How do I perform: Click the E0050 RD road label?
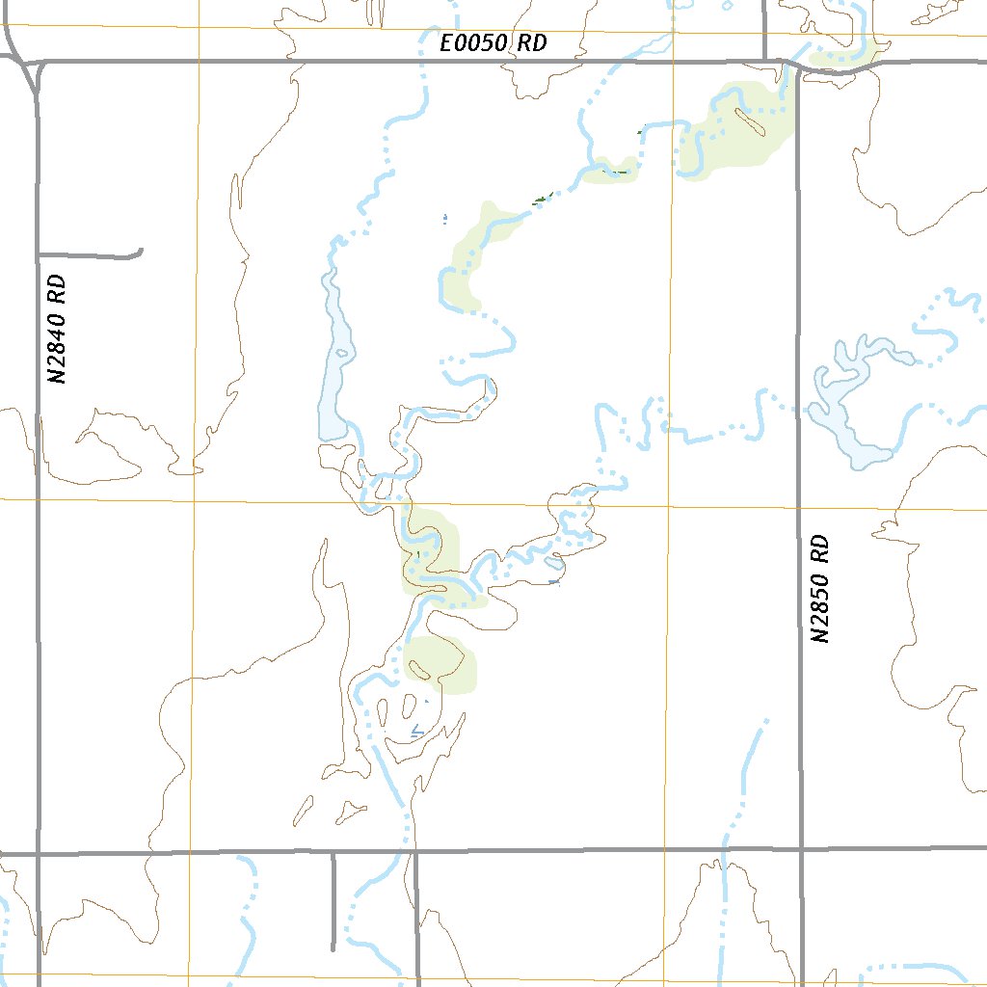pyautogui.click(x=493, y=43)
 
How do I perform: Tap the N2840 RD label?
pyautogui.click(x=59, y=329)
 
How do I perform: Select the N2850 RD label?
pyautogui.click(x=819, y=589)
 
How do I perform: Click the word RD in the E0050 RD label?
pyautogui.click(x=532, y=43)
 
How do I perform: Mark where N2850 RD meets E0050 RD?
pyautogui.click(x=798, y=66)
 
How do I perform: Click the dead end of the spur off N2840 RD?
pyautogui.click(x=141, y=253)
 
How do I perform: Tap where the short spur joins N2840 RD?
pyautogui.click(x=38, y=255)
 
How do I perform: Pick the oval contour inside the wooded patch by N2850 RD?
pyautogui.click(x=749, y=120)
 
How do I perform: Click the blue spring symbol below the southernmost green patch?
pyautogui.click(x=416, y=732)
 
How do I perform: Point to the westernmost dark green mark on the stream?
pyautogui.click(x=541, y=200)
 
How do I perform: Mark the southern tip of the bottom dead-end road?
pyautogui.click(x=333, y=948)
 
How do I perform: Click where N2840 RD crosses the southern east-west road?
pyautogui.click(x=39, y=853)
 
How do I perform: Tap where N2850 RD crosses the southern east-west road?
pyautogui.click(x=801, y=850)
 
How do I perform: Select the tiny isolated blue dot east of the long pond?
pyautogui.click(x=444, y=219)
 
